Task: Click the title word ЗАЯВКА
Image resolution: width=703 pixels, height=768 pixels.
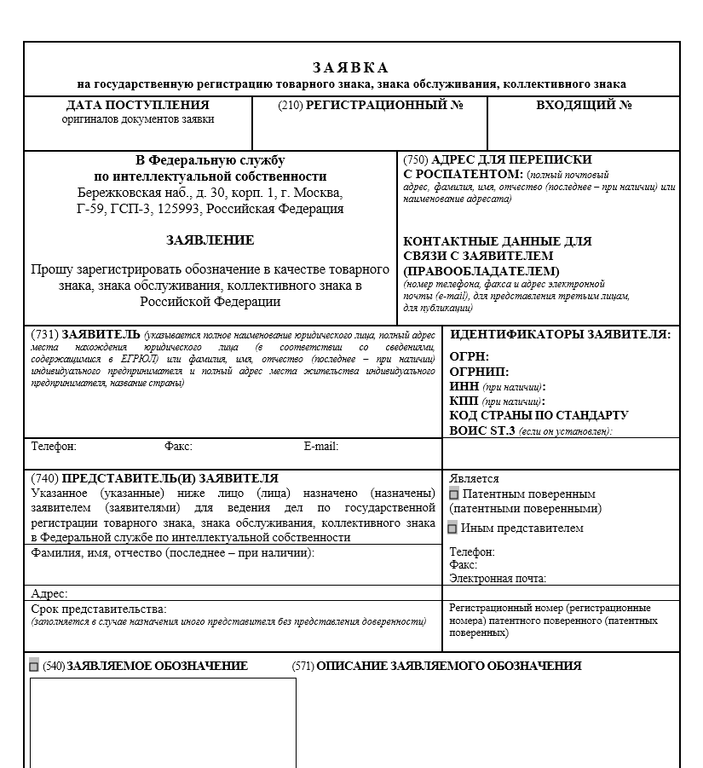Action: coord(350,67)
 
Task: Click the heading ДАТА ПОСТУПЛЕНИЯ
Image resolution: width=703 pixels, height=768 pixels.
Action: coord(137,105)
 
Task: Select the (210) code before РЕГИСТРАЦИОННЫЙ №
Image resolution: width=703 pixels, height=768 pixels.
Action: coord(290,105)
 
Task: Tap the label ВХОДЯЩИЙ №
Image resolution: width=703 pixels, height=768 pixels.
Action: coord(584,105)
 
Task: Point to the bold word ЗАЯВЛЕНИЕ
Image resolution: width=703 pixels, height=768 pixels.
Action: coord(210,240)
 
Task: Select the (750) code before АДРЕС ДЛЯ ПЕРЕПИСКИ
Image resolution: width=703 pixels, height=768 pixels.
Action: coord(416,159)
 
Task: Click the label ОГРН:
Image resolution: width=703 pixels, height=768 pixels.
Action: coord(470,357)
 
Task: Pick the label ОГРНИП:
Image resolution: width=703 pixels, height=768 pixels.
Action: coord(479,372)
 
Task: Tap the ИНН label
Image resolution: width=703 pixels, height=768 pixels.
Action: coord(464,386)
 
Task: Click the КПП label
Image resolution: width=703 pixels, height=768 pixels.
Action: coord(464,401)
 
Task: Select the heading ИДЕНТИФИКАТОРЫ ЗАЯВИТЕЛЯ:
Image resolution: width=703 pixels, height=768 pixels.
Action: coord(560,335)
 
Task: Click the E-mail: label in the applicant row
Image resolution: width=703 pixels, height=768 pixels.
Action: coord(321,446)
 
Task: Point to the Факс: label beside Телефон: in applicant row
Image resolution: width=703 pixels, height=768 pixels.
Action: coord(178,446)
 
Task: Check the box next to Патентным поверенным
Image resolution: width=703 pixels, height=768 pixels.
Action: coord(454,494)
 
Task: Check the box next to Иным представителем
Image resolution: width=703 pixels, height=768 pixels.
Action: coord(453,528)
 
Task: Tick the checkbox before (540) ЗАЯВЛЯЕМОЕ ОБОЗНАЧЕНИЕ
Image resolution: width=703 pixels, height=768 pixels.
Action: coord(34,666)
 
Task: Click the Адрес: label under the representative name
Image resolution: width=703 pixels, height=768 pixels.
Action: coord(49,593)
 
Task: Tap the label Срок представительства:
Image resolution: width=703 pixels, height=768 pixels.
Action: coord(99,609)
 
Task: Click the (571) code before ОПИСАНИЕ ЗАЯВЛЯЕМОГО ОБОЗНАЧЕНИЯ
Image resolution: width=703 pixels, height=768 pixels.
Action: coord(303,666)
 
